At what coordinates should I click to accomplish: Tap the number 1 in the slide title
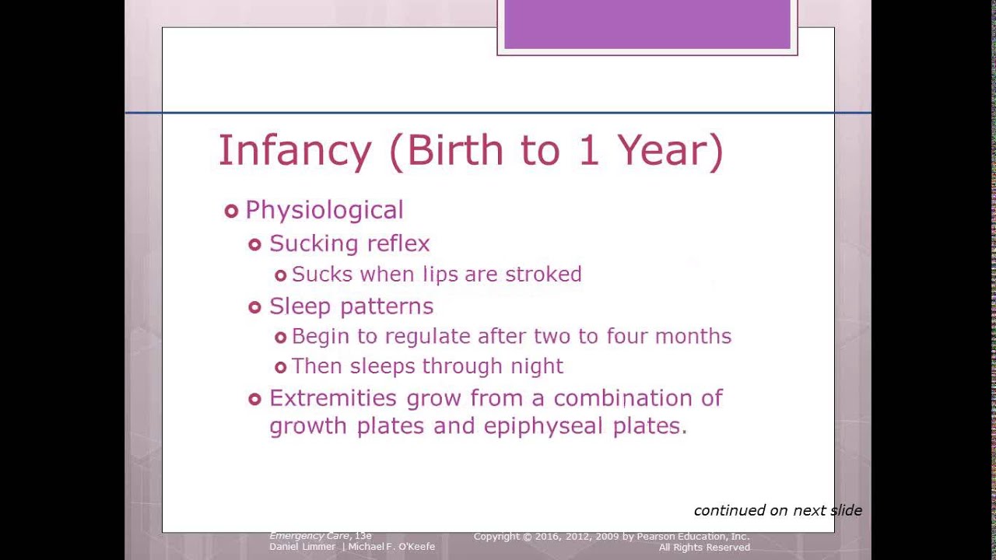point(588,150)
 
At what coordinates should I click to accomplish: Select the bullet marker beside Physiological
point(231,211)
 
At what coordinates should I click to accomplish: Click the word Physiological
point(324,211)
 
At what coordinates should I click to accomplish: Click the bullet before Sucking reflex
point(254,245)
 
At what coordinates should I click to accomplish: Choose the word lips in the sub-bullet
point(440,275)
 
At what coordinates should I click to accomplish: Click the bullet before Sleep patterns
point(254,308)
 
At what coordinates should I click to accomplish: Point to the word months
point(693,336)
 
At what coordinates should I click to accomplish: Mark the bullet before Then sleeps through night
point(281,368)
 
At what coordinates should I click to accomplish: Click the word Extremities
point(333,398)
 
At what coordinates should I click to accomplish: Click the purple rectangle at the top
point(647,25)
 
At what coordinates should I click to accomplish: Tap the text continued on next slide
point(777,510)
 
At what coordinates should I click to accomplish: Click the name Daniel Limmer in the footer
point(303,547)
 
